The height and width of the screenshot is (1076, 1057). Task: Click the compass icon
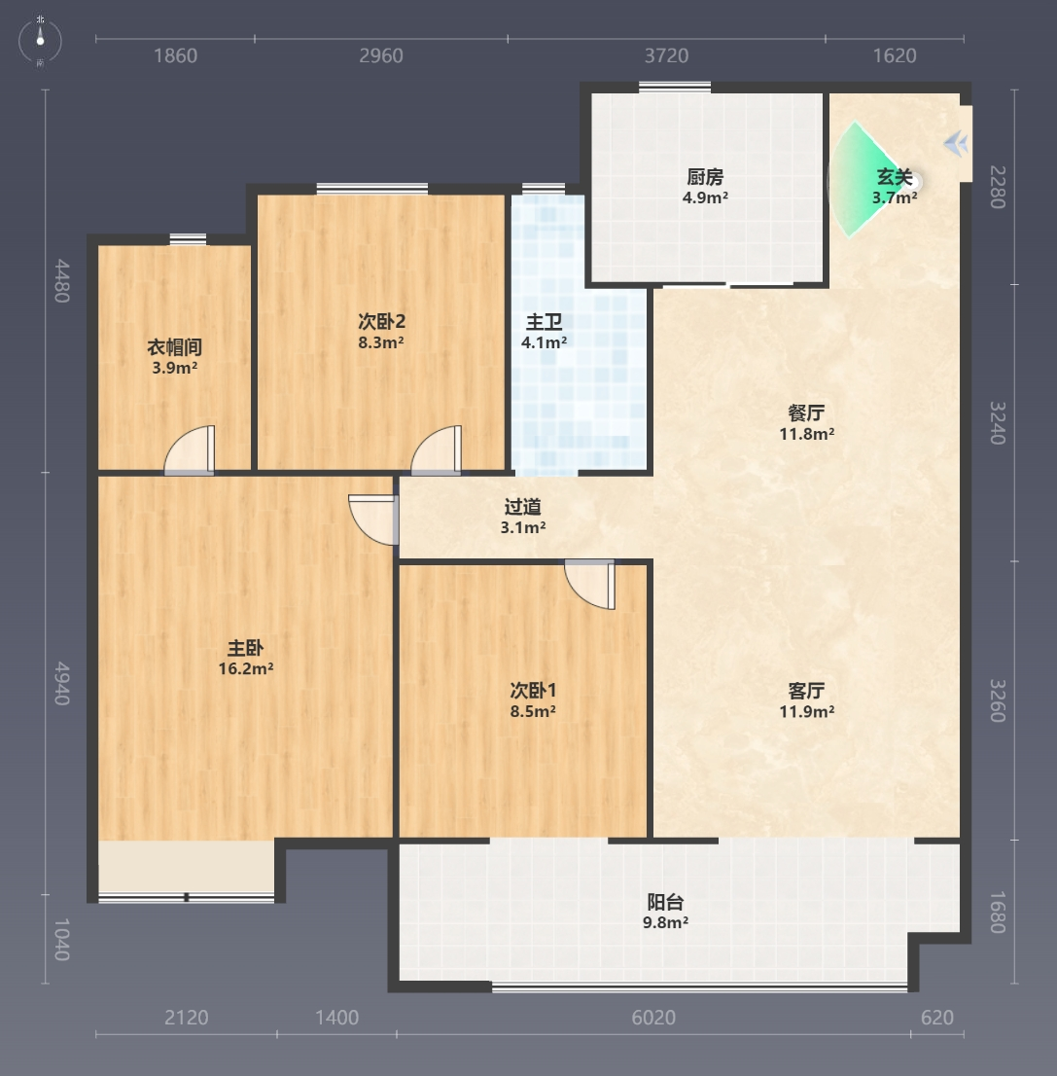[40, 41]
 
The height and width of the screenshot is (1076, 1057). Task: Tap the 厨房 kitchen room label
[705, 177]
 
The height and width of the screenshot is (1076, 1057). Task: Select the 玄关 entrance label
[895, 177]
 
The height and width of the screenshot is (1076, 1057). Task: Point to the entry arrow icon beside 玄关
[956, 144]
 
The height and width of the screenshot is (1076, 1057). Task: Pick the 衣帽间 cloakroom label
[174, 347]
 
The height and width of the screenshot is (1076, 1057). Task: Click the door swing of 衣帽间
[190, 449]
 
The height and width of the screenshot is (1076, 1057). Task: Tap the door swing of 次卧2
[437, 449]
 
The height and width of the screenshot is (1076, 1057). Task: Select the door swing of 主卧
[373, 520]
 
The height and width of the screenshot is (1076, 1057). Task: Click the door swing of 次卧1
[590, 584]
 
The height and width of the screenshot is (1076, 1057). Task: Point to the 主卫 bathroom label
[544, 322]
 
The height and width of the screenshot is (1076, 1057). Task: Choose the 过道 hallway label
[523, 507]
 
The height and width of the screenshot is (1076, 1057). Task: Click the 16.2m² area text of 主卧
[246, 668]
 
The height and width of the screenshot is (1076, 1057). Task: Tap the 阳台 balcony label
[665, 902]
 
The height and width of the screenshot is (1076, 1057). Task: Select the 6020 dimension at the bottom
[653, 1017]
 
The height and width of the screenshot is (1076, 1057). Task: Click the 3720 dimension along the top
[666, 55]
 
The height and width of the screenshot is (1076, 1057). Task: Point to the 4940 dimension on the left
[62, 684]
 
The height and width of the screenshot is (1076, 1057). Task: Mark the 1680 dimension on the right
[998, 912]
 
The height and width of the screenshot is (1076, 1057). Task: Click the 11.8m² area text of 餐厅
[807, 434]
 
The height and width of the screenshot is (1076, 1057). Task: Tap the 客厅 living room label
[807, 691]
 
